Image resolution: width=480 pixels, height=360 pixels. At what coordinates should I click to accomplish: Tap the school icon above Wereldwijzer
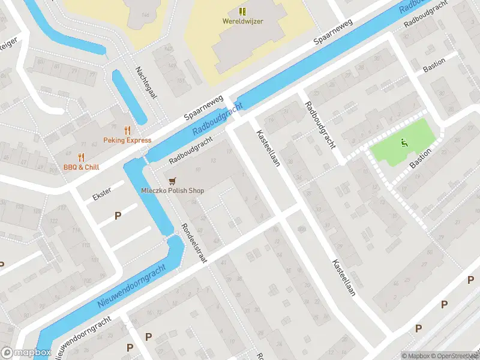[x=242, y=11]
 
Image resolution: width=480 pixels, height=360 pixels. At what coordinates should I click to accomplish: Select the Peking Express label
[x=127, y=140]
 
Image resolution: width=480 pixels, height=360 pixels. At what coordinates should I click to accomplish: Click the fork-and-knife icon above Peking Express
[x=127, y=130]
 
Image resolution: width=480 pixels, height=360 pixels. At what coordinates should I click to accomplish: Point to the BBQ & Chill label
[x=81, y=167]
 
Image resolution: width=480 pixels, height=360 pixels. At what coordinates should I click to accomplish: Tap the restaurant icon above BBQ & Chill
[x=81, y=157]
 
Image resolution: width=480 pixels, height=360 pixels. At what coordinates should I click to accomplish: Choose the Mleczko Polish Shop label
[x=173, y=191]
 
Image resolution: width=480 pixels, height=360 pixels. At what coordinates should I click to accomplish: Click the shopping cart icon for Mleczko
[x=173, y=180]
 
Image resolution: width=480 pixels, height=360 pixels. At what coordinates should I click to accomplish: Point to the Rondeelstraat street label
[x=194, y=246]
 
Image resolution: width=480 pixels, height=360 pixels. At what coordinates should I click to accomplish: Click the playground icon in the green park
[x=404, y=143]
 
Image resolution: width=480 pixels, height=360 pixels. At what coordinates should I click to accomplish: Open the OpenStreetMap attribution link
[x=454, y=356]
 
